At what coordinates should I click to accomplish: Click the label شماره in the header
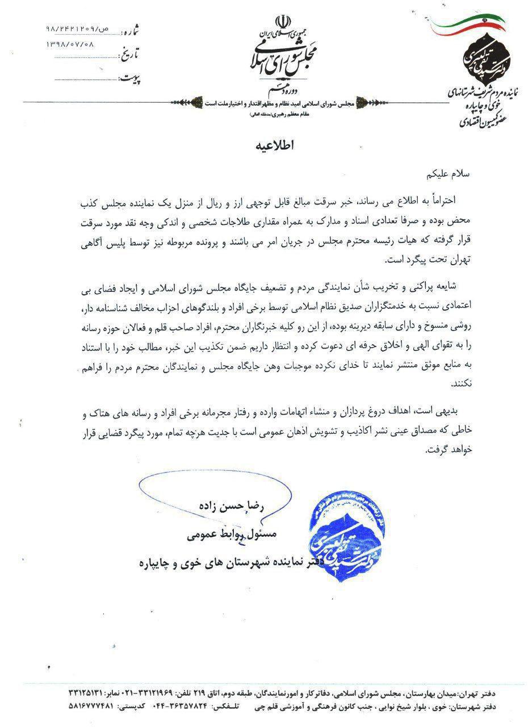click(x=129, y=28)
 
